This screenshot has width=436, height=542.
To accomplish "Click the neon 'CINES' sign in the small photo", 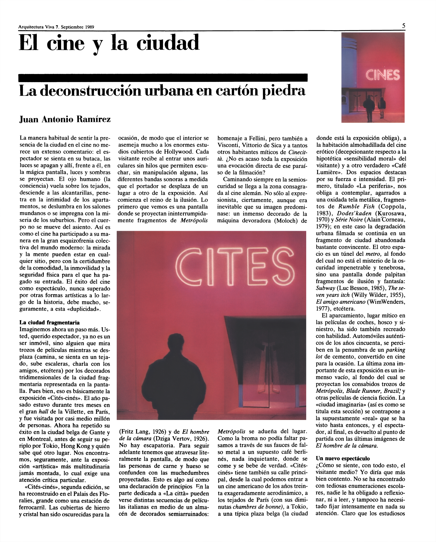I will tap(382, 75).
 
